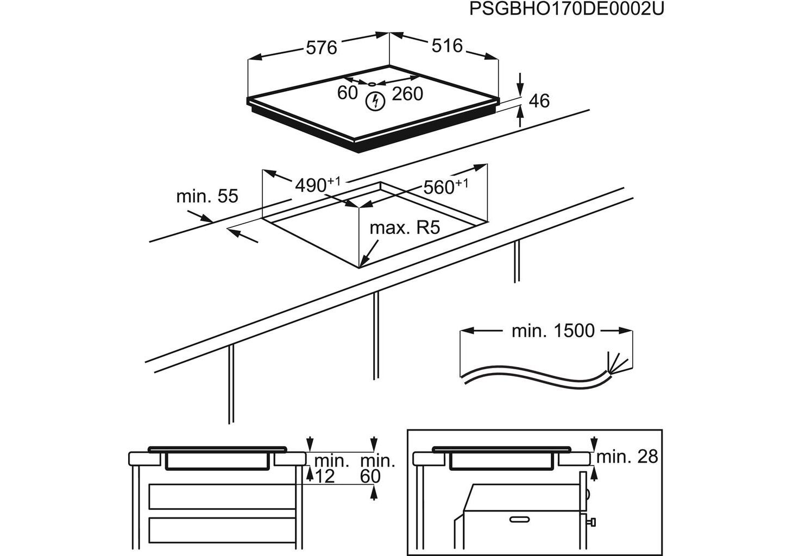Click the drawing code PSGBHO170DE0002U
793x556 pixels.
(x=567, y=9)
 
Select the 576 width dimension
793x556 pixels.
(x=321, y=48)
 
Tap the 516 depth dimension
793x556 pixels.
(x=447, y=46)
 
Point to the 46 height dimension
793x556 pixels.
(x=539, y=100)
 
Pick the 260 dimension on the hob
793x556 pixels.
(x=407, y=94)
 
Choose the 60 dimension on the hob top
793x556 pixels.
(x=347, y=93)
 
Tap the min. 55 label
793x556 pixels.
(x=207, y=196)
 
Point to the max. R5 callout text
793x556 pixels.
(x=404, y=228)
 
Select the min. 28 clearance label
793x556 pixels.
(x=627, y=457)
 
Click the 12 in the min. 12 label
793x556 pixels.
(x=324, y=476)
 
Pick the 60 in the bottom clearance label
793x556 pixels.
(x=370, y=476)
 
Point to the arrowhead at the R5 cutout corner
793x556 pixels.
(x=364, y=263)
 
